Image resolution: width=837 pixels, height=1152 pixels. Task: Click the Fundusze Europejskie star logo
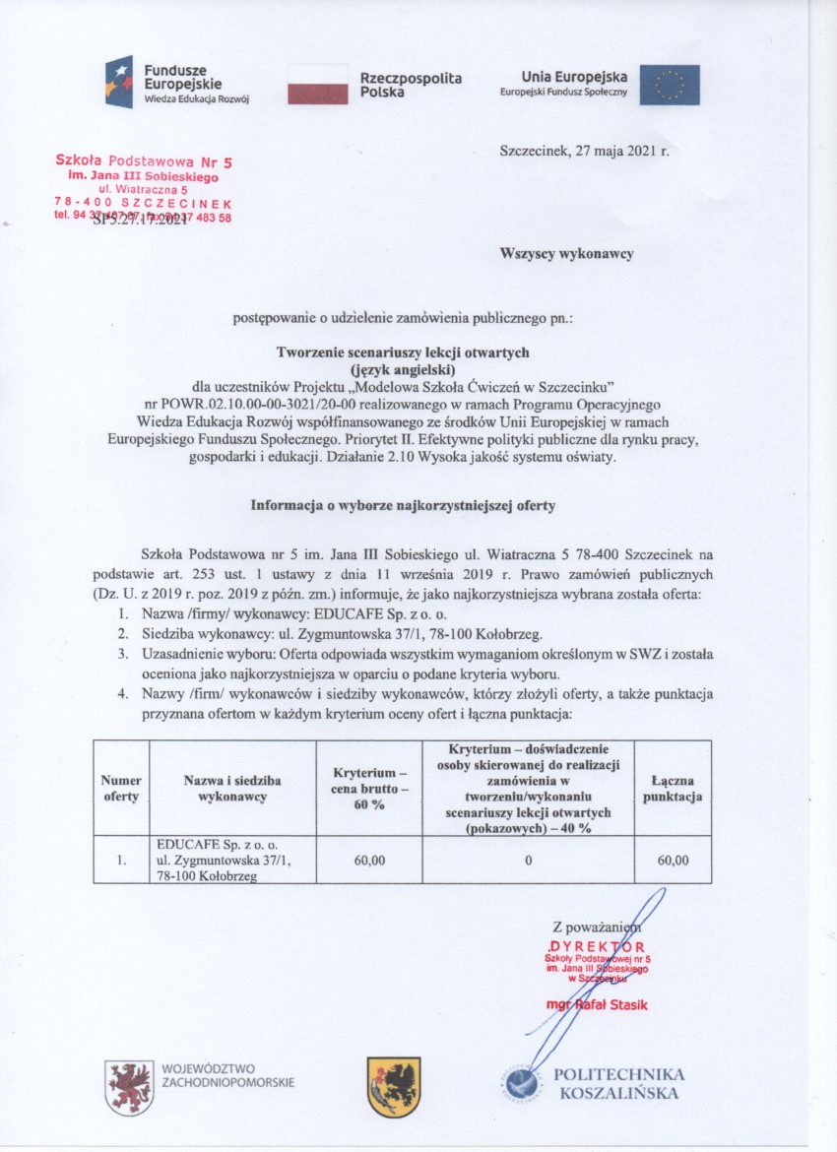tap(119, 83)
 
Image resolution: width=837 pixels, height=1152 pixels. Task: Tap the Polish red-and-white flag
tap(317, 85)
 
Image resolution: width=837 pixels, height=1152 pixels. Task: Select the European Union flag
tap(670, 85)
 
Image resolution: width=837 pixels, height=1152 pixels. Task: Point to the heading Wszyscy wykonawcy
tap(566, 253)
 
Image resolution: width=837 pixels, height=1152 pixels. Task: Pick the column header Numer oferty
tap(121, 788)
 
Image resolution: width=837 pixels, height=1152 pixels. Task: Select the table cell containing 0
tap(528, 861)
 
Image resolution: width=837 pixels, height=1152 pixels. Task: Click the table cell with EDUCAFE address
tap(231, 861)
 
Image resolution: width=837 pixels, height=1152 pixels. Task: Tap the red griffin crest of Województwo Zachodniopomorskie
tap(129, 1087)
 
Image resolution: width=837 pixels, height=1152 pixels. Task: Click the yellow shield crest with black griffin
tap(394, 1086)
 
